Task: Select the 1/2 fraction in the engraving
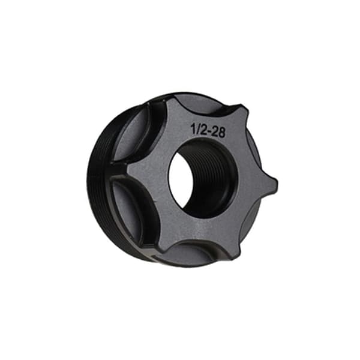(x=197, y=130)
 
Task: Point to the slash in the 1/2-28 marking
(x=197, y=130)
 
